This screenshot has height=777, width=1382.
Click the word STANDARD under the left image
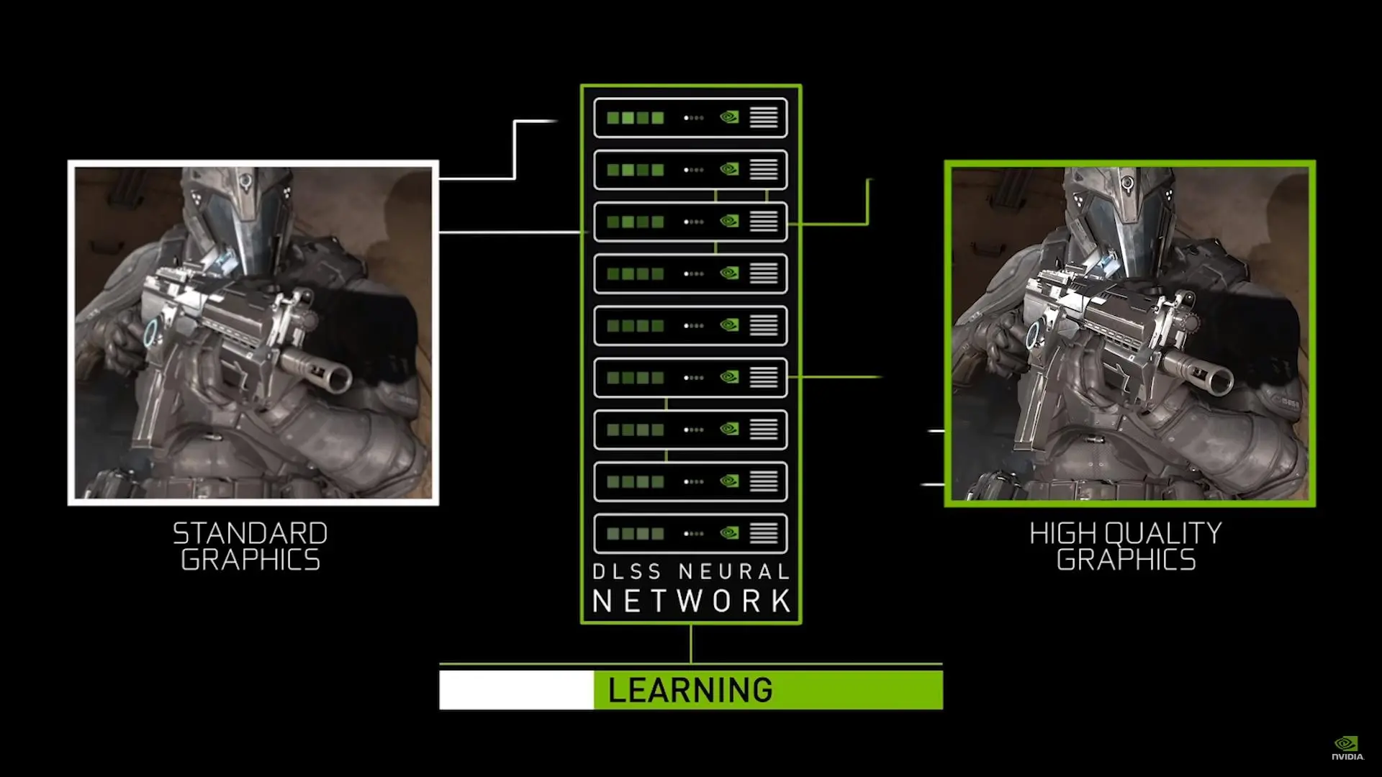point(250,533)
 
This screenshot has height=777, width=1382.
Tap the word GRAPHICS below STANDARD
point(250,560)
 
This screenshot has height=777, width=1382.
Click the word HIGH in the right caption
point(1063,533)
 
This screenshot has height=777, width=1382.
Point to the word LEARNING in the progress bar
point(690,690)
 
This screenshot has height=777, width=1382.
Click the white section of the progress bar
point(517,690)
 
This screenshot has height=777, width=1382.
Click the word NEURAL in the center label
point(735,572)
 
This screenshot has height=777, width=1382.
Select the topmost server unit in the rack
point(690,117)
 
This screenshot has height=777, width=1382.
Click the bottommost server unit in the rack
point(690,534)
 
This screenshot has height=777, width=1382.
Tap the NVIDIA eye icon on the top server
point(729,117)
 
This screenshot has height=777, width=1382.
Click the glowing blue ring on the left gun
point(151,332)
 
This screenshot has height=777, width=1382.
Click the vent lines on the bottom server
point(764,534)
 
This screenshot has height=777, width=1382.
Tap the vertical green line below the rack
point(691,643)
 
